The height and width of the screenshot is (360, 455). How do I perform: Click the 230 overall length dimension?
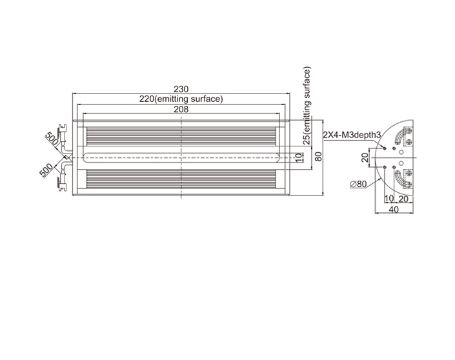coord(181,89)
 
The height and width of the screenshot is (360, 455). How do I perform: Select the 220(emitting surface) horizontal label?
coord(181,99)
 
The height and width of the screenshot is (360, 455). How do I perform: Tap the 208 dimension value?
coord(181,110)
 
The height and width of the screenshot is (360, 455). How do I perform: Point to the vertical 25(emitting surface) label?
coord(307,106)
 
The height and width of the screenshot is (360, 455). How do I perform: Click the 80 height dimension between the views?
coord(318,157)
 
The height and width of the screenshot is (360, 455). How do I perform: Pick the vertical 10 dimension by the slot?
coord(299,158)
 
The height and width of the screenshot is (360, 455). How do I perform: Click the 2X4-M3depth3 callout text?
coord(352,135)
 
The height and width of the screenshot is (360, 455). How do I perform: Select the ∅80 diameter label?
coord(358,184)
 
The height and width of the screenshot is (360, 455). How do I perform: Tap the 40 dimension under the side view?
coord(394,209)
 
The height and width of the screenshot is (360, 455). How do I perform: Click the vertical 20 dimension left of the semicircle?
coord(365,157)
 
